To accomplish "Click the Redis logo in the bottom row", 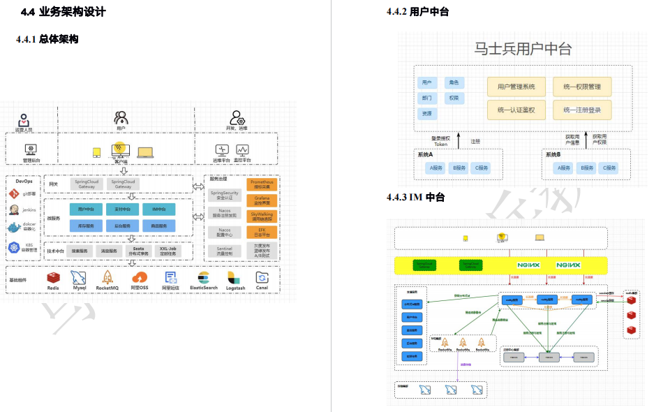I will [x=53, y=277].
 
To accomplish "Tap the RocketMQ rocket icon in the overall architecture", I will [x=107, y=277].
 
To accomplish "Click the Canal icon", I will [x=262, y=277].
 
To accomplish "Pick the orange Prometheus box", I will [x=262, y=184].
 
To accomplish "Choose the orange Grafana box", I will [x=262, y=200].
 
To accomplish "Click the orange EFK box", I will [x=262, y=233].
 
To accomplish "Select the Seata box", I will [x=138, y=250].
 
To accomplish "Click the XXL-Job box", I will [x=168, y=250].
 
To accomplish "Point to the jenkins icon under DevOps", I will [x=13, y=209].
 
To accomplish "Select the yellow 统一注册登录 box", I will [x=582, y=110].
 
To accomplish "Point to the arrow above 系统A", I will [x=459, y=140].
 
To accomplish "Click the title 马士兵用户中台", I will [x=523, y=49].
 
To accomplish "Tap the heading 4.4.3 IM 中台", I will [x=416, y=198].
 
